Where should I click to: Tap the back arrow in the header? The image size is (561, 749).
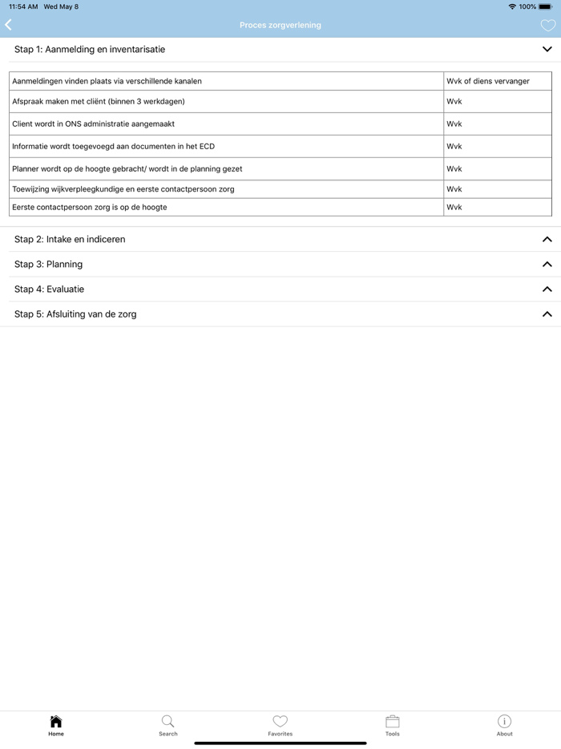pyautogui.click(x=9, y=25)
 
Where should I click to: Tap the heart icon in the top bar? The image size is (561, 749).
pyautogui.click(x=547, y=26)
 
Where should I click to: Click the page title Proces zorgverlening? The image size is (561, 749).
pyautogui.click(x=280, y=26)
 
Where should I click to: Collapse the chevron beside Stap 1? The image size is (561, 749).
pyautogui.click(x=547, y=50)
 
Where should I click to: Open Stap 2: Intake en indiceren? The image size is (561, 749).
pyautogui.click(x=70, y=239)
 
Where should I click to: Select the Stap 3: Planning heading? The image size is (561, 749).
pyautogui.click(x=48, y=264)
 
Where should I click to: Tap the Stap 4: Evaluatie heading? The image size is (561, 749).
pyautogui.click(x=49, y=289)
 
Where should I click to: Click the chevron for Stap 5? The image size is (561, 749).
pyautogui.click(x=547, y=314)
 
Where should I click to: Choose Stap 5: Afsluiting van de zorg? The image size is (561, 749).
pyautogui.click(x=75, y=314)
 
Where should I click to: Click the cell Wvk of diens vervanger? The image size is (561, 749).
pyautogui.click(x=488, y=81)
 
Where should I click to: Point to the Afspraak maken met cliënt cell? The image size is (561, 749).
pyautogui.click(x=99, y=102)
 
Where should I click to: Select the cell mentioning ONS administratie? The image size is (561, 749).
pyautogui.click(x=93, y=124)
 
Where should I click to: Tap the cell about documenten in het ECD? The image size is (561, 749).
pyautogui.click(x=113, y=147)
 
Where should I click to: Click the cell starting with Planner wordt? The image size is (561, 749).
pyautogui.click(x=127, y=169)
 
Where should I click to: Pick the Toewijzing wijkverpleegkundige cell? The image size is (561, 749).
pyautogui.click(x=123, y=189)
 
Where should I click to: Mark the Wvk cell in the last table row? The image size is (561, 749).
pyautogui.click(x=454, y=207)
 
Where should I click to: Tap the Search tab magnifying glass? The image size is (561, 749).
pyautogui.click(x=167, y=721)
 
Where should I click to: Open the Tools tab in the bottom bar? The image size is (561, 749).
pyautogui.click(x=392, y=724)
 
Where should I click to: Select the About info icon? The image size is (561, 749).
pyautogui.click(x=504, y=721)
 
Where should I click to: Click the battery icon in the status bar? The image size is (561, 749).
pyautogui.click(x=545, y=6)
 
